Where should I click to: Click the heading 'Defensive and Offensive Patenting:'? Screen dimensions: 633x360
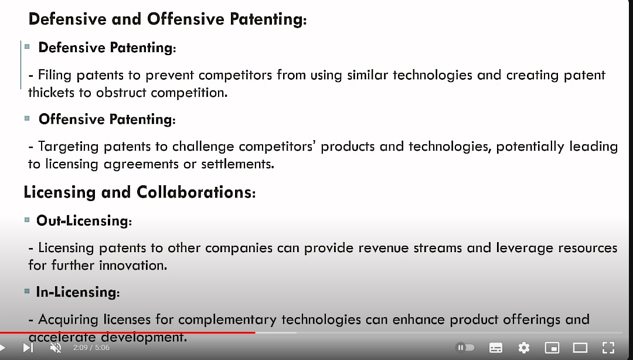click(168, 19)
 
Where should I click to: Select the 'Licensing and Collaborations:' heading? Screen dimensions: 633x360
click(139, 192)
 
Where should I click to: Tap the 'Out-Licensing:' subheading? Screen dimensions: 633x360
click(84, 220)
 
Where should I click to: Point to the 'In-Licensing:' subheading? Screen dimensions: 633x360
click(78, 292)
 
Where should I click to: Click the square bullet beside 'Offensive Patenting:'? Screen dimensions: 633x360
click(27, 118)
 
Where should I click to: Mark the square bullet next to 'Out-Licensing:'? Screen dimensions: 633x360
click(27, 220)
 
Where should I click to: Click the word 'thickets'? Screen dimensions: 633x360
click(51, 93)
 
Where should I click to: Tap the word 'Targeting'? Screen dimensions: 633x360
click(68, 147)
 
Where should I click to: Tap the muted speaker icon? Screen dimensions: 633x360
click(56, 348)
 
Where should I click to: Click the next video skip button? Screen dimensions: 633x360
click(28, 348)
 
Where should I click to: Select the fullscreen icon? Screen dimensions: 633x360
click(608, 348)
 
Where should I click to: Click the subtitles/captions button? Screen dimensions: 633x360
click(496, 348)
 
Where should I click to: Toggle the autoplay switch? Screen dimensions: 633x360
click(465, 348)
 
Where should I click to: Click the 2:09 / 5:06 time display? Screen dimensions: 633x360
click(91, 348)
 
